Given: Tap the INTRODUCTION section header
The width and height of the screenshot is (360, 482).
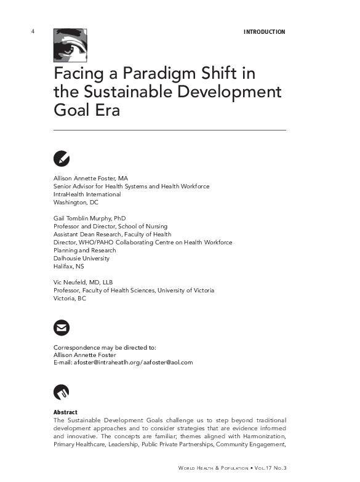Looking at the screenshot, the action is [264, 32].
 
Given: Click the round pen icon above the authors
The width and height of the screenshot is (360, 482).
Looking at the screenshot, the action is [62, 158].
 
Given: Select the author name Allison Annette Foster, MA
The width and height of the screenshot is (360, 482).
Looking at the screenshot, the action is [90, 179].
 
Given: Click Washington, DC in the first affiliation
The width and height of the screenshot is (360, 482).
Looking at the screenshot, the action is [76, 203].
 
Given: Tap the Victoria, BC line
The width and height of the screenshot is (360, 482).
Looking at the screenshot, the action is [70, 299].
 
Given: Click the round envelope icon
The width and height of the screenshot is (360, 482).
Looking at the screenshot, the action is [62, 327].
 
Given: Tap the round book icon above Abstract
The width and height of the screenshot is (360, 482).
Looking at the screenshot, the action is [62, 392].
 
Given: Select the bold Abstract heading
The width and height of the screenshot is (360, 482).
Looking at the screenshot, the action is [65, 412].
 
